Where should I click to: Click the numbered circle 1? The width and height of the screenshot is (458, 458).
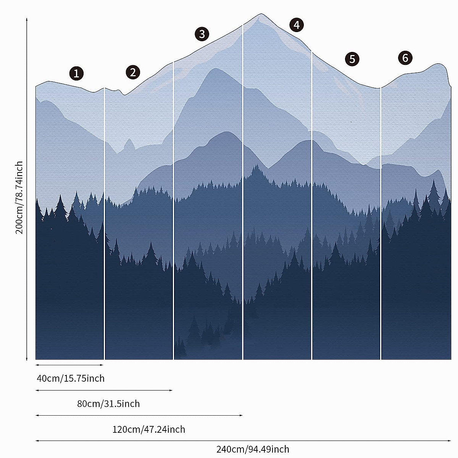(x=76, y=73)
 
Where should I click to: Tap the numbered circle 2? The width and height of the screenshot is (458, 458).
(x=132, y=72)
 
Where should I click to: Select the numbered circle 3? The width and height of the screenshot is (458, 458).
(x=202, y=34)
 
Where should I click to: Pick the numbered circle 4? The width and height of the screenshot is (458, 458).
(x=297, y=25)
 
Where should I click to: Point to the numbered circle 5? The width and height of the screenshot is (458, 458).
(x=352, y=59)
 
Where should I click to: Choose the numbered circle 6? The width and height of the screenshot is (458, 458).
(x=405, y=58)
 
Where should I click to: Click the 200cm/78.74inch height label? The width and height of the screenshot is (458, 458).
(x=19, y=198)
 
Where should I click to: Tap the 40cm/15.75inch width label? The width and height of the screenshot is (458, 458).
(x=71, y=378)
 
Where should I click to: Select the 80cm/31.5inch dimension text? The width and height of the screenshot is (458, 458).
(x=108, y=403)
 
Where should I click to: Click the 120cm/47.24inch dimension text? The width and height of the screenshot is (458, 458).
(x=148, y=429)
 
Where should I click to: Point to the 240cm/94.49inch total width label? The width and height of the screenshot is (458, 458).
(x=253, y=449)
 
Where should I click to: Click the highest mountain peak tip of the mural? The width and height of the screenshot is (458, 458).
(x=261, y=15)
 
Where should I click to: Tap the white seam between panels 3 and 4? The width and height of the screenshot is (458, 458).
(x=243, y=191)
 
